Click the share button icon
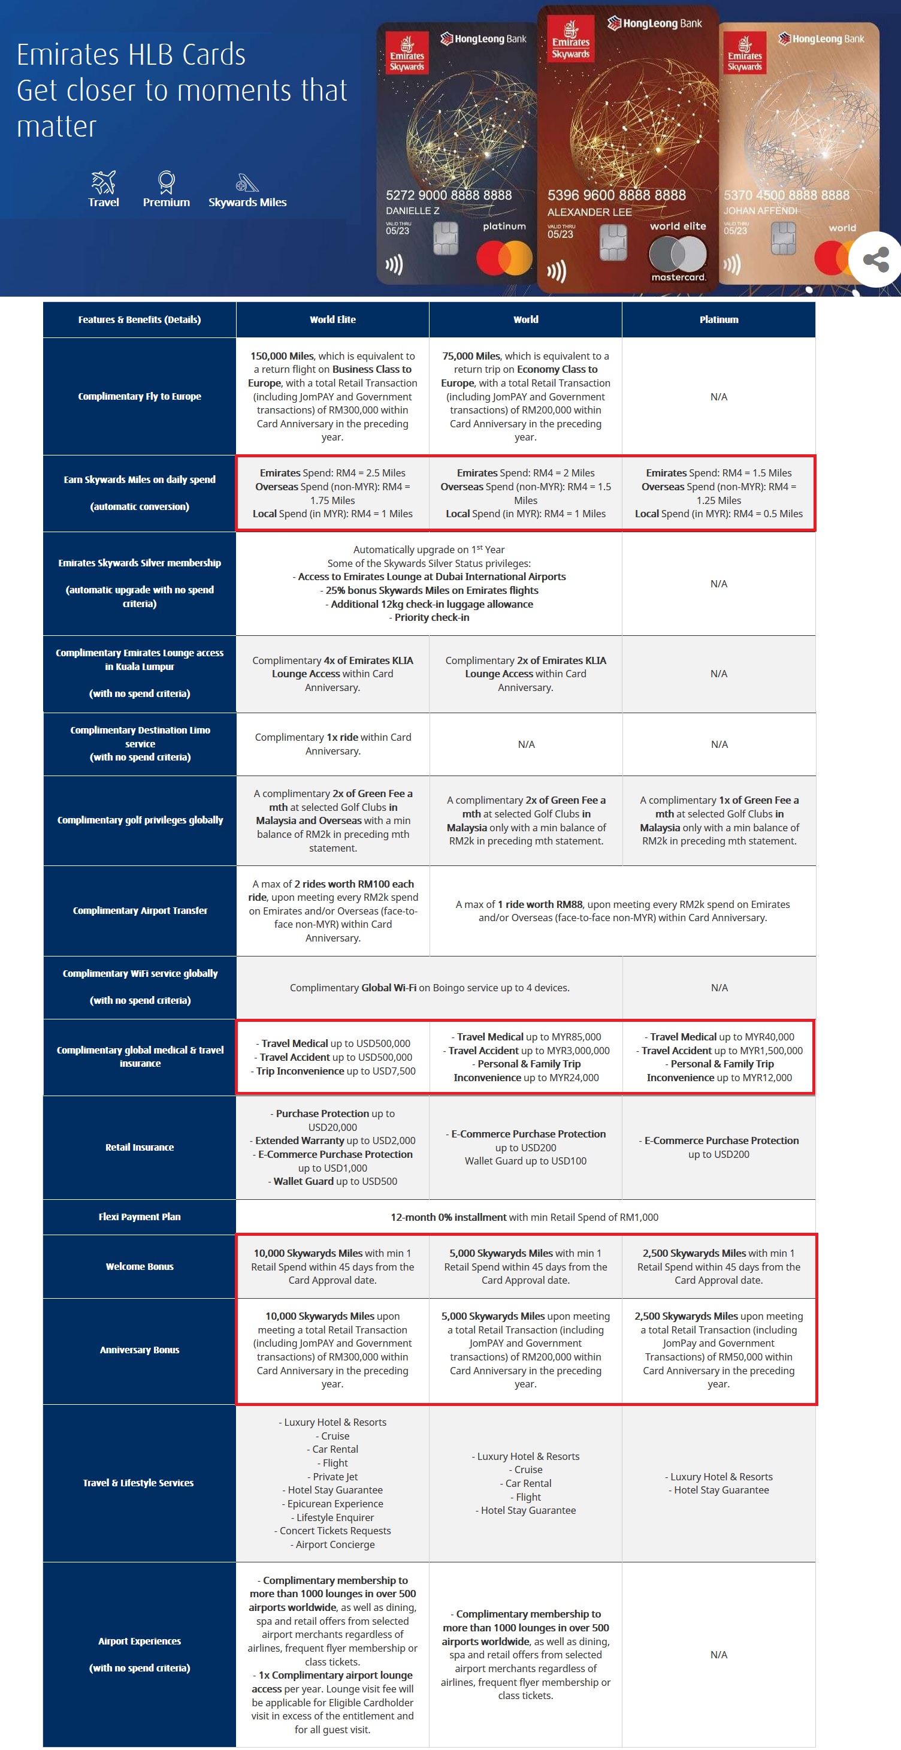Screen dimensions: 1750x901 [876, 260]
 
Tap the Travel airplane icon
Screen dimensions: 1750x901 [103, 182]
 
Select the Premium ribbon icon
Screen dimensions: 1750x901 [167, 182]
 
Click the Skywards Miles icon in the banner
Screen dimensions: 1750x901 [247, 183]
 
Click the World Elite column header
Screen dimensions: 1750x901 [332, 319]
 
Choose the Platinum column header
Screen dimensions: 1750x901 [718, 319]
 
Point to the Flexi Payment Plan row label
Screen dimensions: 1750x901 [139, 1217]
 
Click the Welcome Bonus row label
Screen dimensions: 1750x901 [139, 1266]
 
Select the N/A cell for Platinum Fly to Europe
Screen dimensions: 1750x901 [718, 397]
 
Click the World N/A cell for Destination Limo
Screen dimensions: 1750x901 [526, 744]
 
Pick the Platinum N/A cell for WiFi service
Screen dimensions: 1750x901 [719, 988]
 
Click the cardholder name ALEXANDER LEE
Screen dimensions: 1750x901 [589, 213]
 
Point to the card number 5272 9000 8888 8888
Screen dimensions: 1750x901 [449, 195]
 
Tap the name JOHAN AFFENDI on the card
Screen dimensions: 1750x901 [760, 210]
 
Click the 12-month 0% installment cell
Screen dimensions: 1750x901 [525, 1217]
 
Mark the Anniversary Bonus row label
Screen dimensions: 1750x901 [139, 1350]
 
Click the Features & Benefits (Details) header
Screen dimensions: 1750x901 [139, 319]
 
